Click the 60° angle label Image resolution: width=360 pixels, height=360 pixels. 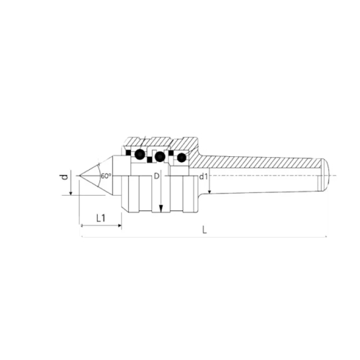click(x=106, y=176)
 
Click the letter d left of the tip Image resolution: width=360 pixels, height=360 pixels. click(x=65, y=177)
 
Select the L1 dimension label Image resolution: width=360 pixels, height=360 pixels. click(x=101, y=218)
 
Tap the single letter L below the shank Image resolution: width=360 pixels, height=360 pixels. click(x=204, y=230)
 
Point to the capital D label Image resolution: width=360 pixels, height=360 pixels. click(x=156, y=176)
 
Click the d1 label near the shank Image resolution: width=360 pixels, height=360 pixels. click(x=204, y=177)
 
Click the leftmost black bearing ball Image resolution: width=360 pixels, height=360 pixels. click(x=140, y=154)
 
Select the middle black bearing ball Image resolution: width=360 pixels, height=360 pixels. click(x=160, y=157)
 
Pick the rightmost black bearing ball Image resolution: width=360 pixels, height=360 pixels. click(x=181, y=158)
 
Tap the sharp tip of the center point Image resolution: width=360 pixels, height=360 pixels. click(x=79, y=176)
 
